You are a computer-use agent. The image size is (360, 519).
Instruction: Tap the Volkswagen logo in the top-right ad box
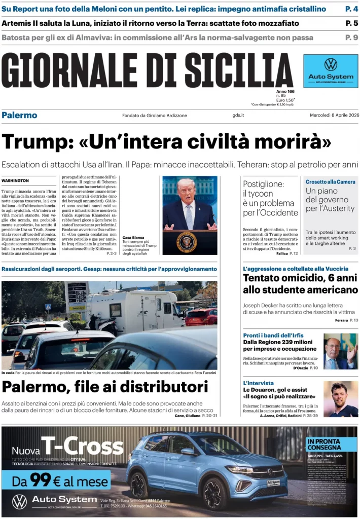click(x=331, y=64)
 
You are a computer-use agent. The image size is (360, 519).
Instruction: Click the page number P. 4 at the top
click(x=351, y=9)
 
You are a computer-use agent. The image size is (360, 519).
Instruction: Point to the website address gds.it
click(x=238, y=115)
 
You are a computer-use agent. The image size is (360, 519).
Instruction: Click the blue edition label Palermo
click(x=19, y=115)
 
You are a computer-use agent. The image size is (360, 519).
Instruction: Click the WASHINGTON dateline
click(x=15, y=180)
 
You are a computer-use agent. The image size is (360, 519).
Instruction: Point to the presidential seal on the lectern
click(x=187, y=242)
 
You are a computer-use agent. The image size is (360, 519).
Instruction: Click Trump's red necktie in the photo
click(x=189, y=215)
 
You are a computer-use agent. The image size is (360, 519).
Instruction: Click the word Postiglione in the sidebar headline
click(x=263, y=184)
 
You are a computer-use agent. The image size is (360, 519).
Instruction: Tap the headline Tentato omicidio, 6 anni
click(x=300, y=278)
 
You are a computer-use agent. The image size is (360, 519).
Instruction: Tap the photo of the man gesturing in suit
click(x=340, y=351)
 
